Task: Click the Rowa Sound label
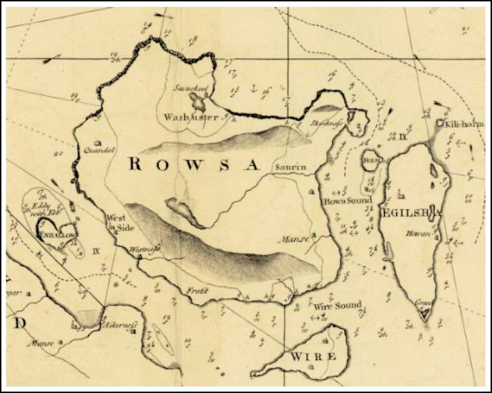click(x=347, y=200)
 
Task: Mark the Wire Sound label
click(x=338, y=305)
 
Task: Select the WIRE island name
click(x=313, y=356)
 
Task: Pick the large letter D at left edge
click(x=20, y=323)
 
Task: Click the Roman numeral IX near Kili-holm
click(x=403, y=136)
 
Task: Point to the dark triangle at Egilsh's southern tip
click(x=423, y=314)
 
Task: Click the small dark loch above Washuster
click(x=197, y=100)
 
